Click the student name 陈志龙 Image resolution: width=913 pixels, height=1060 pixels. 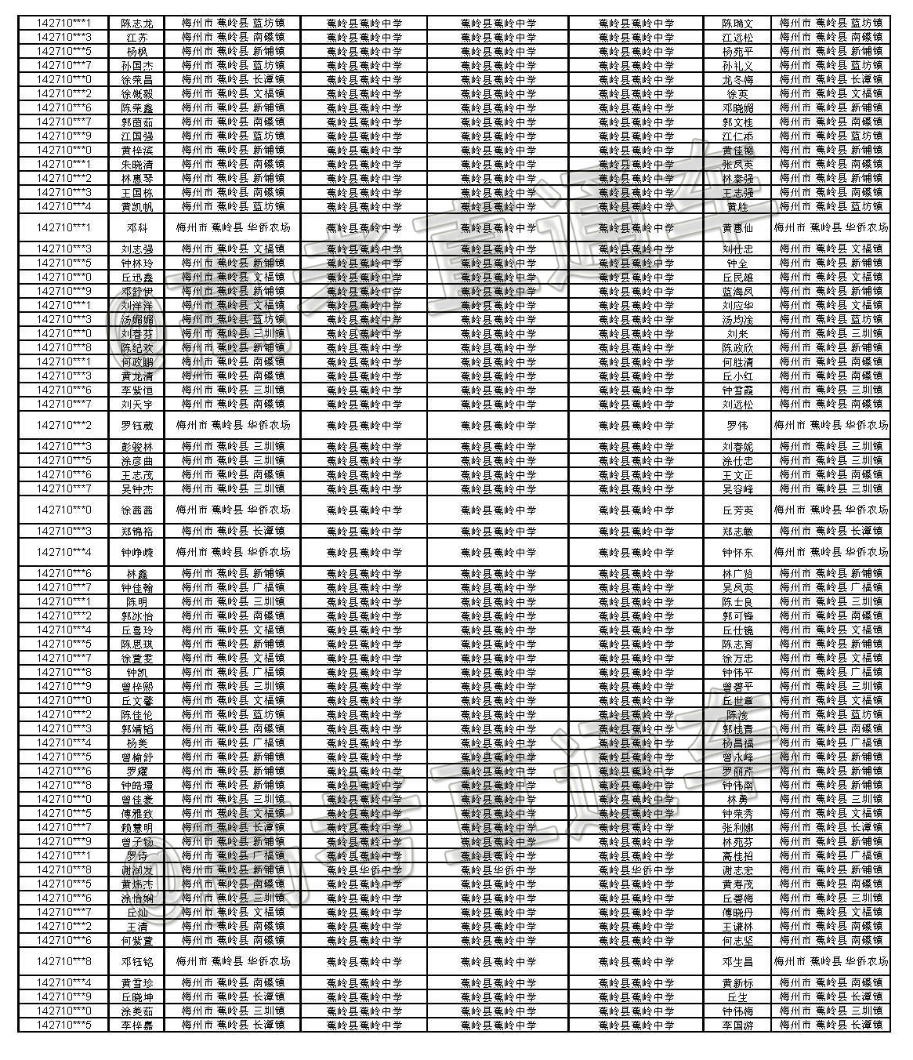pyautogui.click(x=137, y=24)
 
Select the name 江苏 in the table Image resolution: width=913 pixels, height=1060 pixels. pyautogui.click(x=137, y=38)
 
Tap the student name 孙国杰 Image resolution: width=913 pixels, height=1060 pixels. pyautogui.click(x=137, y=66)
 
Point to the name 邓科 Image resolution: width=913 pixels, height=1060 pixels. pyautogui.click(x=137, y=227)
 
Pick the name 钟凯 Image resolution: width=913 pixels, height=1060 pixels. pyautogui.click(x=137, y=673)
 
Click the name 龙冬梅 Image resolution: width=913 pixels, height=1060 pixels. pyautogui.click(x=737, y=80)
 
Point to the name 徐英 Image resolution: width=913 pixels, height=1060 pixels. pyautogui.click(x=737, y=94)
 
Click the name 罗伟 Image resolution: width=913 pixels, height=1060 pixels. pyautogui.click(x=737, y=426)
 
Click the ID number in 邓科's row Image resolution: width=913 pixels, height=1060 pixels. pyautogui.click(x=63, y=227)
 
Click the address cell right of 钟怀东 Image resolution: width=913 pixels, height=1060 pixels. pyautogui.click(x=831, y=553)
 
